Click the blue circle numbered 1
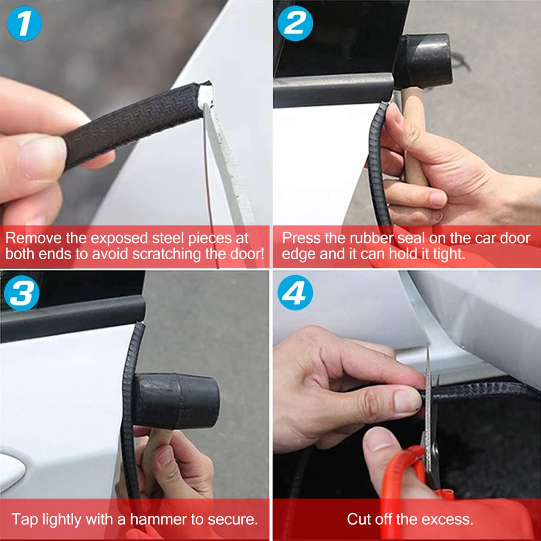coord(24,23)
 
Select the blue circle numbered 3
coord(22,292)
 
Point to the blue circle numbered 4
coord(295,292)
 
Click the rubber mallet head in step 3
coord(177,400)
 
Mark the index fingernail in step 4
coord(408,400)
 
